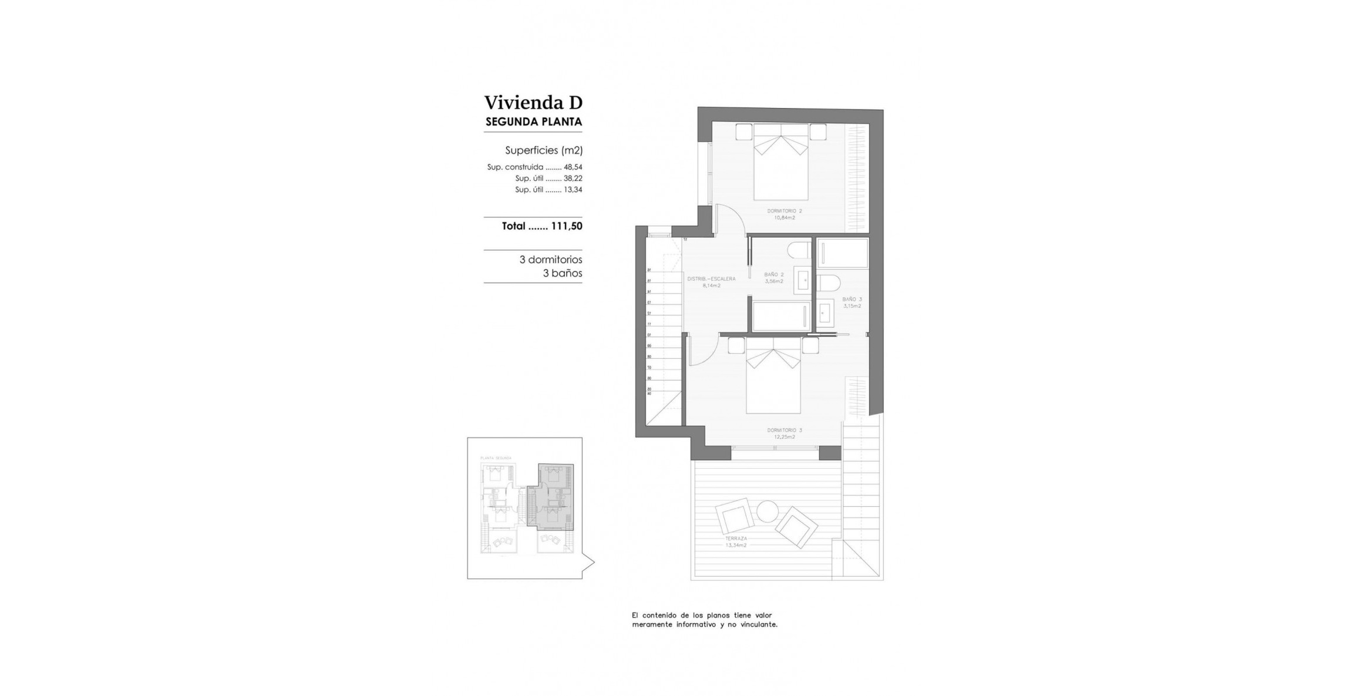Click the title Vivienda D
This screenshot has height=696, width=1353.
[x=533, y=103]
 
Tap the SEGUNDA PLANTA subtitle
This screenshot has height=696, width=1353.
[x=534, y=122]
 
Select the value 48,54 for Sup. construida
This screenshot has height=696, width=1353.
[x=573, y=167]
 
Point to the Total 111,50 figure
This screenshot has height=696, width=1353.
[x=566, y=226]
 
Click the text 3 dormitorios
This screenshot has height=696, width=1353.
[x=550, y=260]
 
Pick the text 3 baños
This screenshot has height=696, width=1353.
[x=562, y=274]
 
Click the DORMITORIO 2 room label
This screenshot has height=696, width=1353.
[x=784, y=211]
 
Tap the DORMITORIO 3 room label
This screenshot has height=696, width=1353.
[x=784, y=431]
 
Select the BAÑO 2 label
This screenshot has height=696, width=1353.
[x=773, y=275]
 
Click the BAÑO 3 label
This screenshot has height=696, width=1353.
[x=852, y=300]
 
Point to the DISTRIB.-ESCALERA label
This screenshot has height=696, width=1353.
[x=711, y=280]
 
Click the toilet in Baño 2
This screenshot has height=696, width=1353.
[x=799, y=251]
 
